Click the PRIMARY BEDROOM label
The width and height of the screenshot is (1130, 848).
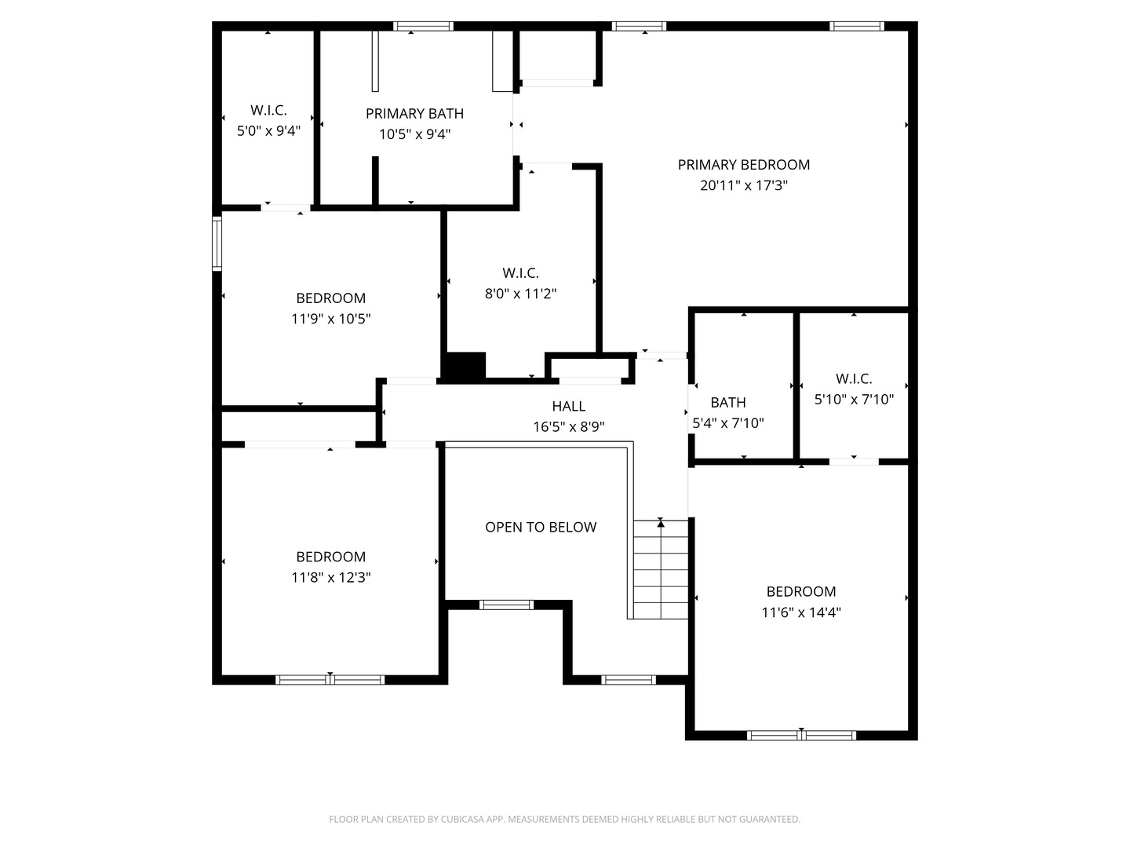click(x=743, y=165)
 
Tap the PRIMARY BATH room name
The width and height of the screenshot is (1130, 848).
click(x=414, y=113)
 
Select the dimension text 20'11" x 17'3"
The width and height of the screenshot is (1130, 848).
click(x=743, y=185)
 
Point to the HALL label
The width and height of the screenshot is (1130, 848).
click(x=568, y=406)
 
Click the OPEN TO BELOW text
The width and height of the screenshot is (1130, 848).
click(x=541, y=527)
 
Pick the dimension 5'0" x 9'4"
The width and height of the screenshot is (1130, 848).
click(x=268, y=131)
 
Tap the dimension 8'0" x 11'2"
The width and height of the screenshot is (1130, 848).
click(x=520, y=294)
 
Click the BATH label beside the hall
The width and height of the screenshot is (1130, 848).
click(x=728, y=402)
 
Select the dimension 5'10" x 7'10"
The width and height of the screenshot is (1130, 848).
click(x=854, y=399)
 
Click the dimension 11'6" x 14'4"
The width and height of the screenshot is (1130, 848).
click(x=801, y=612)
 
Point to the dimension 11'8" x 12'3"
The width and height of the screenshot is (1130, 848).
click(x=330, y=577)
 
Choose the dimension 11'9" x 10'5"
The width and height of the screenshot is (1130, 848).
click(x=330, y=319)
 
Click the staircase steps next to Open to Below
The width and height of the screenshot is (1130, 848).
click(x=661, y=569)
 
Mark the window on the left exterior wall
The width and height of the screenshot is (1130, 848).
click(x=217, y=243)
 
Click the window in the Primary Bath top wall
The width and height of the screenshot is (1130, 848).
click(x=423, y=26)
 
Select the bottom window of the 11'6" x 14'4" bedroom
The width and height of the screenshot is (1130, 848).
click(x=801, y=735)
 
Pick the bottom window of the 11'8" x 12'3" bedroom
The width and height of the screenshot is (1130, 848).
click(x=330, y=680)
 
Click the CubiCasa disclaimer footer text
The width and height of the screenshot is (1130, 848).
click(x=565, y=819)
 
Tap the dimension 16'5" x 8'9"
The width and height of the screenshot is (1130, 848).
click(x=568, y=427)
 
